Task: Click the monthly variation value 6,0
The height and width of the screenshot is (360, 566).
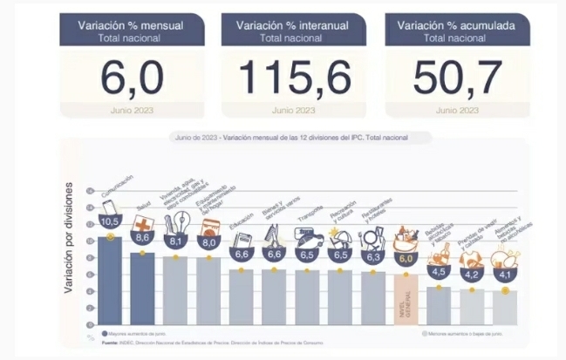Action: tap(131, 80)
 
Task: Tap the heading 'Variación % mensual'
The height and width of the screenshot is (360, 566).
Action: tap(131, 26)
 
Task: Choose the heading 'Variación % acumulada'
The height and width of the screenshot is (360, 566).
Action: tap(455, 26)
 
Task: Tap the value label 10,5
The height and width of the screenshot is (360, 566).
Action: tap(110, 222)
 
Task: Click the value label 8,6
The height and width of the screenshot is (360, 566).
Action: tap(143, 237)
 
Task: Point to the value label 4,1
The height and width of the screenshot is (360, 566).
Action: tap(504, 275)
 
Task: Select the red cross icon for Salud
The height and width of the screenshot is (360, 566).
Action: tap(142, 223)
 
